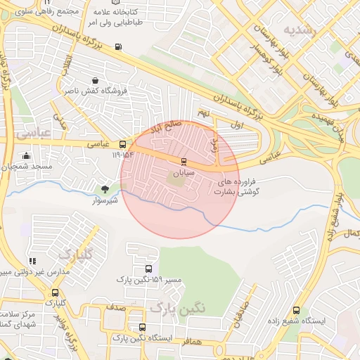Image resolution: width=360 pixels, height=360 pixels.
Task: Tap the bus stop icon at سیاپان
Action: tap(184, 161)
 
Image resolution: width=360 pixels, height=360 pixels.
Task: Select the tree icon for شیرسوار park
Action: tap(105, 189)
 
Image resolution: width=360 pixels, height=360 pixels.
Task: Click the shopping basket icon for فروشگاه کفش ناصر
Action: tap(95, 80)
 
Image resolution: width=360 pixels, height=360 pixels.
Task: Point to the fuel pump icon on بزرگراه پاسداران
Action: tap(117, 47)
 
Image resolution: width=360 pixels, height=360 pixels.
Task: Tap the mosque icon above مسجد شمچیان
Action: tap(27, 155)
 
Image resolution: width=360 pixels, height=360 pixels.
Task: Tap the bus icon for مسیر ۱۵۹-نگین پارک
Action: tap(148, 269)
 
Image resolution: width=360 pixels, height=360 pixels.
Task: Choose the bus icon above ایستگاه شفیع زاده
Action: tap(296, 310)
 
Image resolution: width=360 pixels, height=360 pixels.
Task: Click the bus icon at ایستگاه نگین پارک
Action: tap(143, 327)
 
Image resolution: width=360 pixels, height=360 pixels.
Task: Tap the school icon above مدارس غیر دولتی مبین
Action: tap(32, 261)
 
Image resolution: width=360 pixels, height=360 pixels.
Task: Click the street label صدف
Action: tap(117, 308)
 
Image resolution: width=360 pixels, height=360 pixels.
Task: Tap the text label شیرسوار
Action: tap(105, 200)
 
